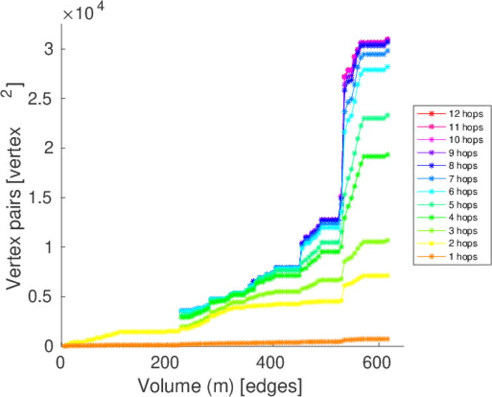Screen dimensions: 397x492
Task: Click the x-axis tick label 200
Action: coord(166,362)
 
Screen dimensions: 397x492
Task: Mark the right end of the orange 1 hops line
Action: coord(387,339)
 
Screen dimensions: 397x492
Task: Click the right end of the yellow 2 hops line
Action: coord(387,275)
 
